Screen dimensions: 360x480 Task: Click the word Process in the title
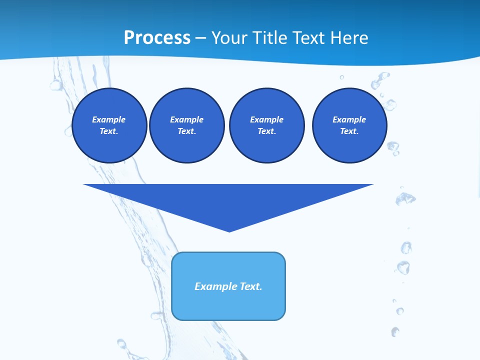tap(157, 38)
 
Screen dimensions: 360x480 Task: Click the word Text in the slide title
tap(311, 38)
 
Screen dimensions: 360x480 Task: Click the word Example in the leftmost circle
tap(109, 119)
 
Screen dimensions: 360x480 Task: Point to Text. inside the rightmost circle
tap(349, 131)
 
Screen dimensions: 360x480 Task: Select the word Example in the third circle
tap(266, 119)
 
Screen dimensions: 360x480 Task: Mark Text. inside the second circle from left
tap(187, 131)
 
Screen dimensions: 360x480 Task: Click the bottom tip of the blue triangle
tap(229, 230)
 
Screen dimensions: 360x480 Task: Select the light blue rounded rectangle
tap(228, 305)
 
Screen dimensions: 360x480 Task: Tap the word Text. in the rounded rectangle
tap(251, 286)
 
